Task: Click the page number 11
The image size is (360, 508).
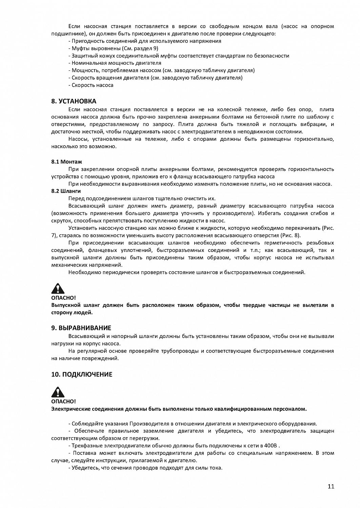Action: tap(331, 486)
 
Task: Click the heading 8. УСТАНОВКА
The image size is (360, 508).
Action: tap(74, 101)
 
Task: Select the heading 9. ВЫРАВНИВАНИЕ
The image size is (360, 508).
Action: tap(81, 328)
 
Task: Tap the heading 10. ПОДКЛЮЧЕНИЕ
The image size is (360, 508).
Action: tap(81, 375)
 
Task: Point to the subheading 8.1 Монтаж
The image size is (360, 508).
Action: tap(66, 162)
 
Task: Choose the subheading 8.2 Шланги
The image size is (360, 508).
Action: tap(66, 191)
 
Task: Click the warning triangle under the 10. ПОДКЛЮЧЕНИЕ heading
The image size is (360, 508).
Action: tap(58, 392)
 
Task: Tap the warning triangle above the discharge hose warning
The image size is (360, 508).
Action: tap(58, 289)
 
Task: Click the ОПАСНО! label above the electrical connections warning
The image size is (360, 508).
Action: tap(63, 401)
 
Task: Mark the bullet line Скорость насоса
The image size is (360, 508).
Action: tap(92, 85)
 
